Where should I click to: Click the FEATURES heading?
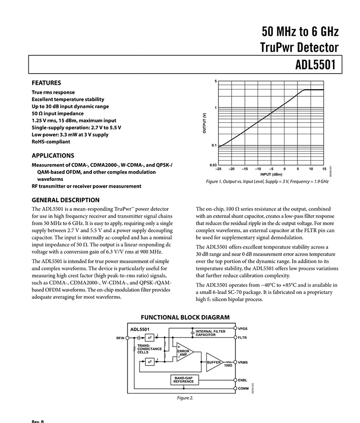[46, 83]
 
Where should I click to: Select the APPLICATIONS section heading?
[53, 155]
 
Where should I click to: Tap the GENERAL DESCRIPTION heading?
[65, 200]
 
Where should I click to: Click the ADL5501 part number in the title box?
[315, 65]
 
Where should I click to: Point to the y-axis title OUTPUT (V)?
[205, 123]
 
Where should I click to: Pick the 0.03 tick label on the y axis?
[213, 165]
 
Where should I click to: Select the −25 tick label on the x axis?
[219, 169]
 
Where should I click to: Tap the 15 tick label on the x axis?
[324, 169]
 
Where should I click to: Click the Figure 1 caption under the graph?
[267, 182]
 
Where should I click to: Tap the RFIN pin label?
[120, 338]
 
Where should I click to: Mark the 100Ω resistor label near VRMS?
[228, 366]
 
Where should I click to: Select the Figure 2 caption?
[185, 398]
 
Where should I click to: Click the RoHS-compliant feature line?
[51, 142]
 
